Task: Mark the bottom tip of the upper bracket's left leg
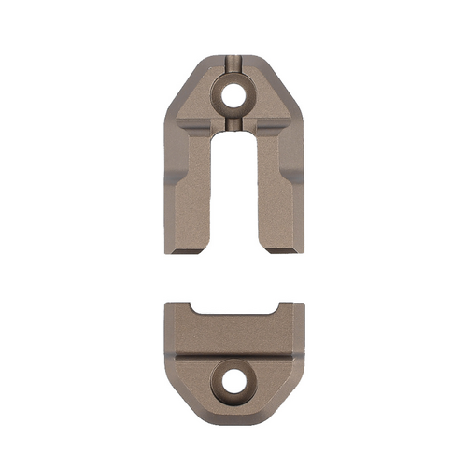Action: click(184, 250)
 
